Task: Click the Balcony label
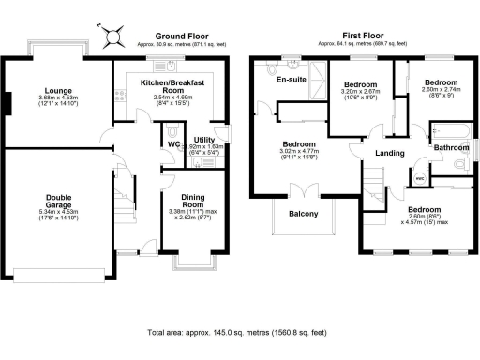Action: (x=303, y=213)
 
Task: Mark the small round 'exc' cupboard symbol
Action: (x=419, y=174)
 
